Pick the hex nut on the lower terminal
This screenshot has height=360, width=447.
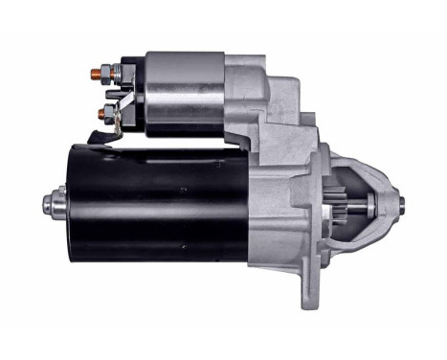click(111, 112)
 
